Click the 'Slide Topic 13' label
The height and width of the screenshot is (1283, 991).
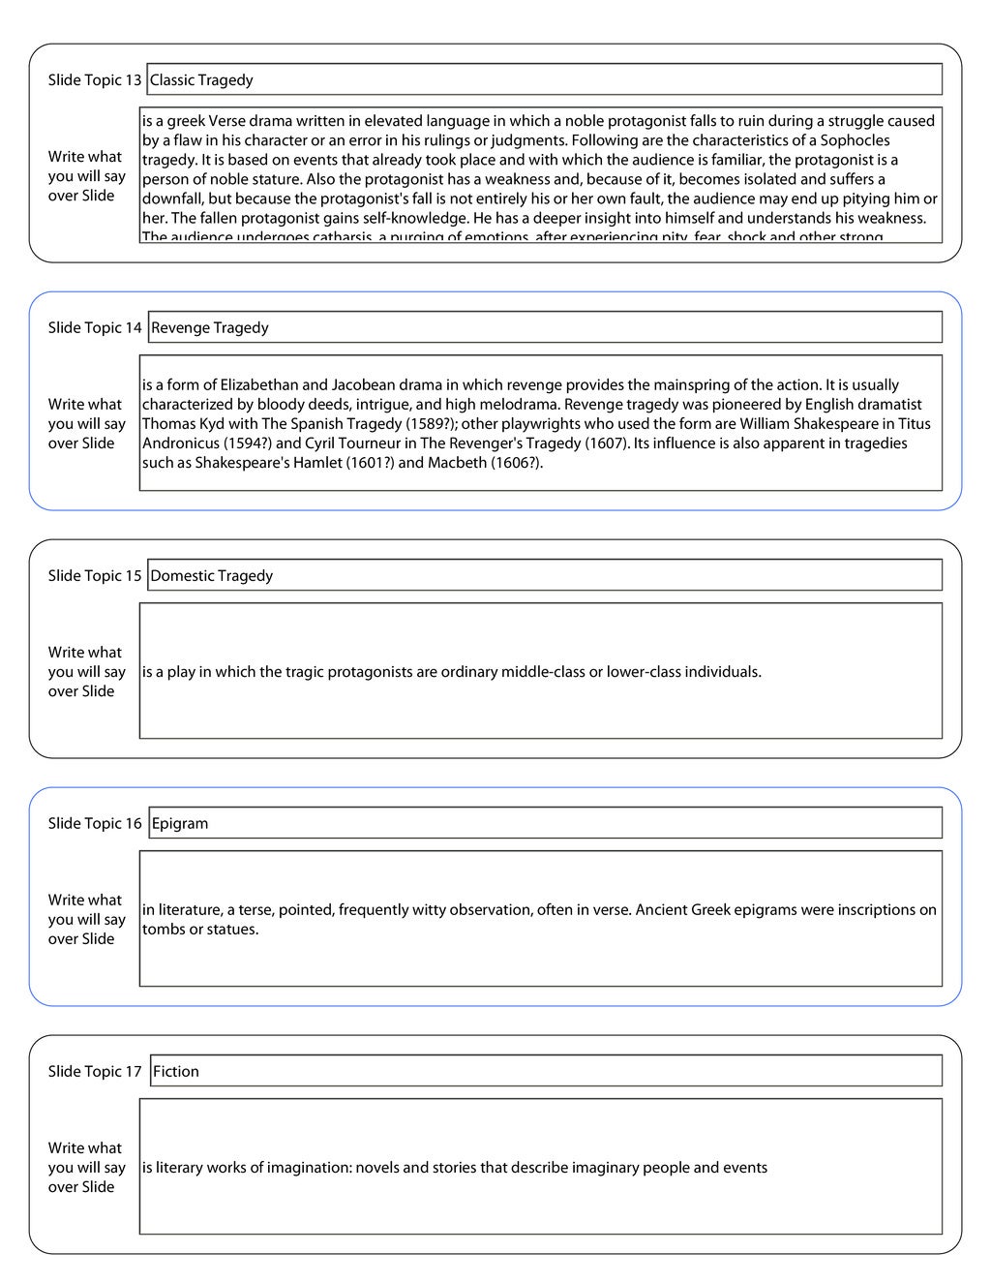tap(95, 80)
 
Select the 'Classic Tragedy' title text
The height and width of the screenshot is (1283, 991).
tap(201, 80)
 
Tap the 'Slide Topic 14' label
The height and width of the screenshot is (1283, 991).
tap(95, 328)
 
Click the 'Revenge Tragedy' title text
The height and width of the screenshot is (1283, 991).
tap(210, 328)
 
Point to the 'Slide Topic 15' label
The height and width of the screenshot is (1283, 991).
tap(95, 576)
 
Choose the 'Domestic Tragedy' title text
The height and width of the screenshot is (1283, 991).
tap(212, 576)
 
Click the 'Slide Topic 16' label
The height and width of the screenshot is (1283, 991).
tap(95, 824)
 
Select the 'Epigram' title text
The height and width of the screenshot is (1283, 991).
tap(180, 824)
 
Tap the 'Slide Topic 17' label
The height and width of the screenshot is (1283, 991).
tap(95, 1072)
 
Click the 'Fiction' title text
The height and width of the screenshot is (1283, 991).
tap(176, 1072)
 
